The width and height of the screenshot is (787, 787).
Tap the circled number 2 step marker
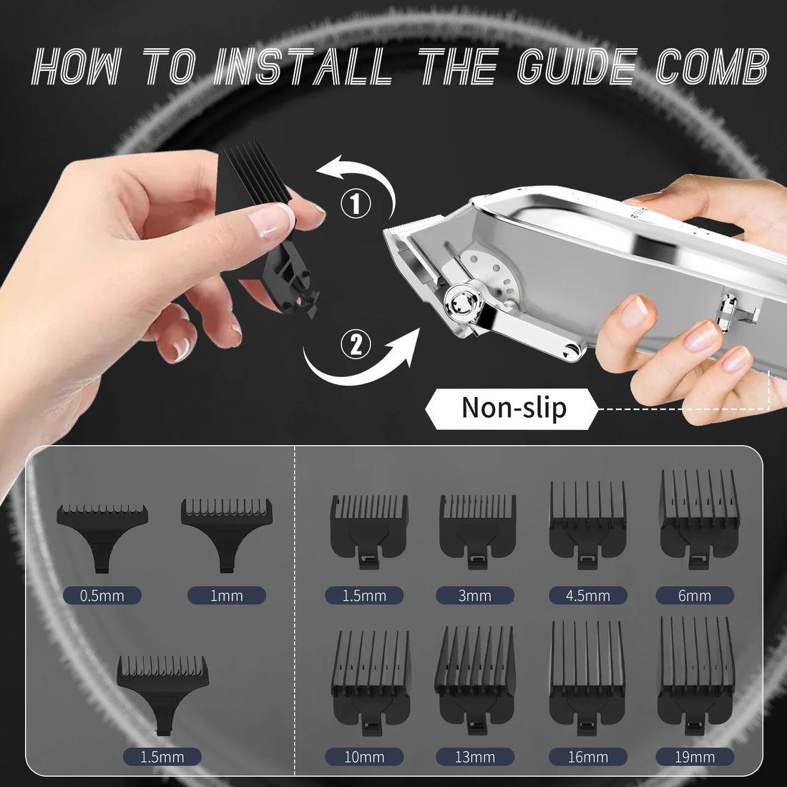point(356,346)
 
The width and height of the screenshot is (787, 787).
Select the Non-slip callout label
point(513,409)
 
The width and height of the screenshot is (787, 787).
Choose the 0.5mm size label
point(102,595)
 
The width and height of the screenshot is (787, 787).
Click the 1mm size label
point(226,595)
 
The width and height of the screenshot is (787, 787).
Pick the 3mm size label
point(475,595)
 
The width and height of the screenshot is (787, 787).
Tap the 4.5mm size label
point(587,595)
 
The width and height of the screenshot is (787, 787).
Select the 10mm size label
point(364,756)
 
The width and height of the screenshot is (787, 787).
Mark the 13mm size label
point(475,756)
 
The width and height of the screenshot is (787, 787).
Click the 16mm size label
point(587,756)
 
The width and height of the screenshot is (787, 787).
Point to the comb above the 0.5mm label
point(102,533)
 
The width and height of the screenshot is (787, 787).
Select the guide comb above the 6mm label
point(699,517)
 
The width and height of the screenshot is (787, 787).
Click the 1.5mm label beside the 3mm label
point(364,595)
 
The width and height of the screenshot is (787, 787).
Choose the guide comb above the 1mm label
point(226,529)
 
